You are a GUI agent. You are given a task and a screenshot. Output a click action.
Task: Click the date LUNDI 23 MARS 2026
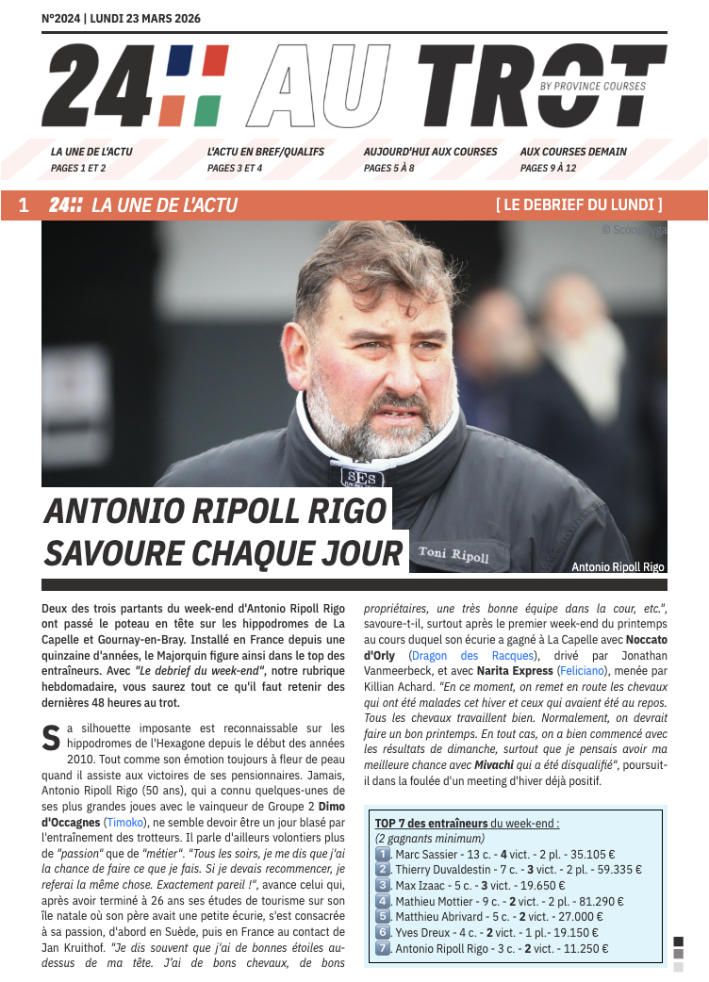click(145, 19)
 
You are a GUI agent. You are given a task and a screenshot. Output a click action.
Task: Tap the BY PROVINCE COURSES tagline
click(593, 87)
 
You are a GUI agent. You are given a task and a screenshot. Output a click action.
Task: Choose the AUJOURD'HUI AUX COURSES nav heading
click(430, 151)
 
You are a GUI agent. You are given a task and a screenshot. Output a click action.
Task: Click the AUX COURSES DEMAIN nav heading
click(573, 151)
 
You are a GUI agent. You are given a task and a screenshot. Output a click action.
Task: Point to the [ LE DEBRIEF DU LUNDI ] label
click(579, 205)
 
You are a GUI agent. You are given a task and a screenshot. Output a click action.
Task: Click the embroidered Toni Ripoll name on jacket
click(453, 554)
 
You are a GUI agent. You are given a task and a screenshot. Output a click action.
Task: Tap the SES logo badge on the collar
click(358, 478)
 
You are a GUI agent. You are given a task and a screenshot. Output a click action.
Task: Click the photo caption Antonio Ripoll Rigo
click(618, 566)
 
